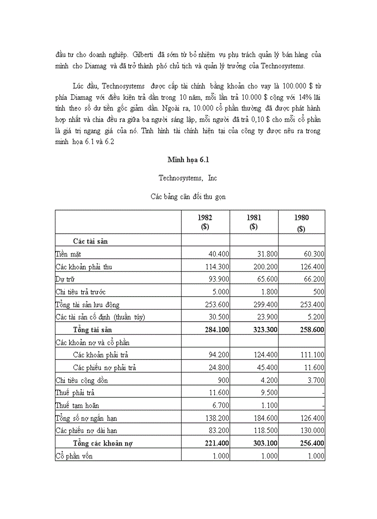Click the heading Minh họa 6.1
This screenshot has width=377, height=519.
coord(188,159)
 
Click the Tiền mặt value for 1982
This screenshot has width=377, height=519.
coord(218,254)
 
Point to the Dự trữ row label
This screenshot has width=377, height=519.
coord(65,280)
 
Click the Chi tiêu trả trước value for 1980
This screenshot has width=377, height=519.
coord(317,292)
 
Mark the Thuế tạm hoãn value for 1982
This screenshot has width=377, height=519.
coord(220,406)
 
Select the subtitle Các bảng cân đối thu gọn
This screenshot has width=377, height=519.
coord(188,196)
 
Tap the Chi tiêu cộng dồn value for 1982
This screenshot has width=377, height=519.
coord(223,380)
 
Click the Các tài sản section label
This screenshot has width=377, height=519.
coord(91,241)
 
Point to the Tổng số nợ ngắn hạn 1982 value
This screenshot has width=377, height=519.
coord(218,418)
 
